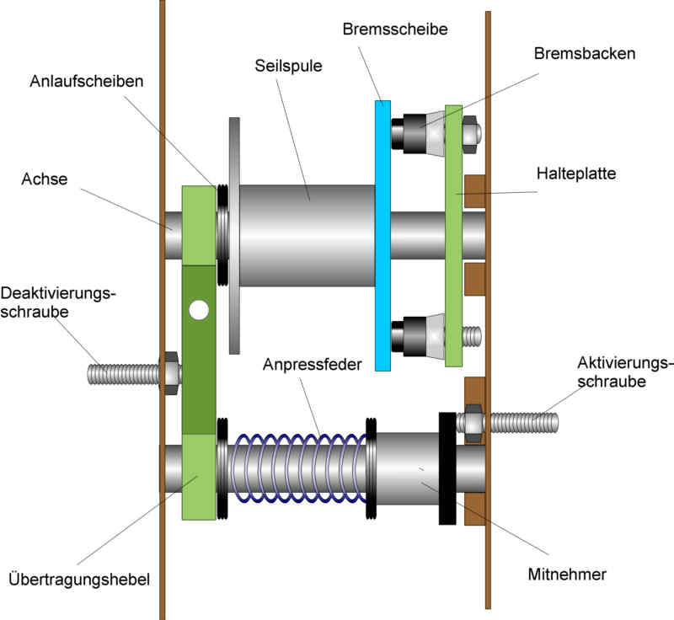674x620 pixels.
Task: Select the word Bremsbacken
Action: (x=584, y=53)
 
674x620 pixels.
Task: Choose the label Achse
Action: (x=45, y=179)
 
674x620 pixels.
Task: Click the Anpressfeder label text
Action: (x=312, y=365)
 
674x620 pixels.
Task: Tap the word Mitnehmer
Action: (x=567, y=575)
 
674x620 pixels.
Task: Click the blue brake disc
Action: (x=383, y=236)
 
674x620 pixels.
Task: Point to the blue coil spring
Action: (x=295, y=468)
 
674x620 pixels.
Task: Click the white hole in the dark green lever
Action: (x=199, y=310)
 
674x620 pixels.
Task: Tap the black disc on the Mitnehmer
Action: (x=447, y=468)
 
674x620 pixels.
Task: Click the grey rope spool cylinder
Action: (x=308, y=236)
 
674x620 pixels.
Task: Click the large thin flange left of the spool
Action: (x=234, y=236)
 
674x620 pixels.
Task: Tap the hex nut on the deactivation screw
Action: (x=168, y=372)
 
